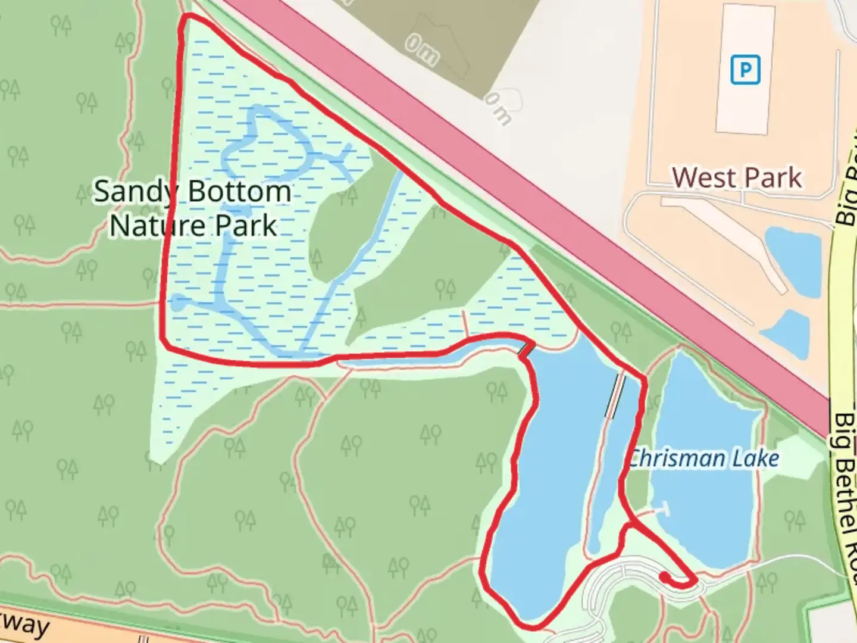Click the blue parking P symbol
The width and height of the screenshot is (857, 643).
coord(745,70)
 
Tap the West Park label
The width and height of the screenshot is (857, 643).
coord(737,177)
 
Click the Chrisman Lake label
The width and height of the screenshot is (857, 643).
coord(704,458)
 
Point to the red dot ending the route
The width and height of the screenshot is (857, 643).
coord(664,576)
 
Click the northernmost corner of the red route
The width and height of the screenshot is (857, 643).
coord(188,16)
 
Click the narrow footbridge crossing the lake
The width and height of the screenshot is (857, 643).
coord(615,396)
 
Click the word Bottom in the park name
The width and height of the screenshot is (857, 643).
coord(239,192)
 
